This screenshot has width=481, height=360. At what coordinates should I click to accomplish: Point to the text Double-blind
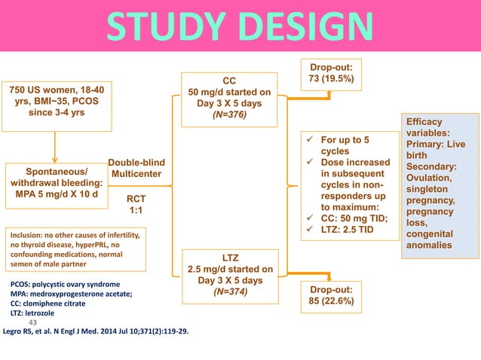click(x=136, y=163)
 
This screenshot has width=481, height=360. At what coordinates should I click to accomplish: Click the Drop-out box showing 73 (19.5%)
click(x=331, y=72)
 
